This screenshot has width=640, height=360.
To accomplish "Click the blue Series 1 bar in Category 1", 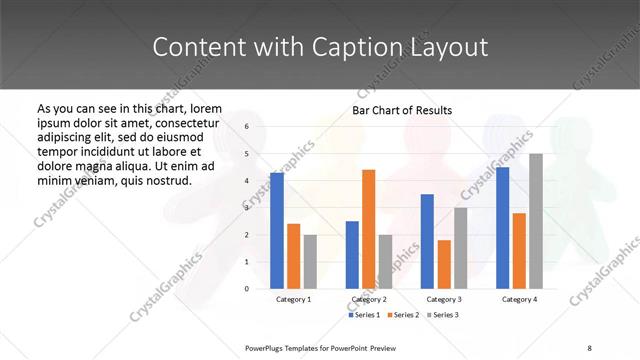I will (277, 230).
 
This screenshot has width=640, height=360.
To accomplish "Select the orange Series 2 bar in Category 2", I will (369, 229).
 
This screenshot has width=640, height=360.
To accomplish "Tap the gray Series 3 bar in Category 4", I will (536, 221).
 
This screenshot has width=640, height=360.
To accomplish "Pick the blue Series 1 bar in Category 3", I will (427, 241).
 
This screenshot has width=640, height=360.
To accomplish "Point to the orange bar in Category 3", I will (444, 264).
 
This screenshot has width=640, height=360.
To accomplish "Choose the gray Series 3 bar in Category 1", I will (310, 261).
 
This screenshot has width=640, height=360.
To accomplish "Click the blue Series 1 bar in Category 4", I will (503, 227).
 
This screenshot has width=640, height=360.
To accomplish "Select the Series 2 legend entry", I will (404, 315).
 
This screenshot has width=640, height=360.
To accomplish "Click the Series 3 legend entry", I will (444, 315).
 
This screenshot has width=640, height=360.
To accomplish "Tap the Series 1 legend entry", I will (364, 315).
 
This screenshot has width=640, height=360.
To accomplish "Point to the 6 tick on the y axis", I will (246, 127).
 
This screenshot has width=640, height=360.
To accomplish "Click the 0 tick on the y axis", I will (246, 288).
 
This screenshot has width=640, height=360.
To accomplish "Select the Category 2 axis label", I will (369, 299).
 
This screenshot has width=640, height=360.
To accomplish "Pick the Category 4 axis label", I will (519, 299).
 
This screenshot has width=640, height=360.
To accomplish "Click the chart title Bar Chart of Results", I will (402, 110).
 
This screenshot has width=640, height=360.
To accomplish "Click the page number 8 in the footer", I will (590, 347).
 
